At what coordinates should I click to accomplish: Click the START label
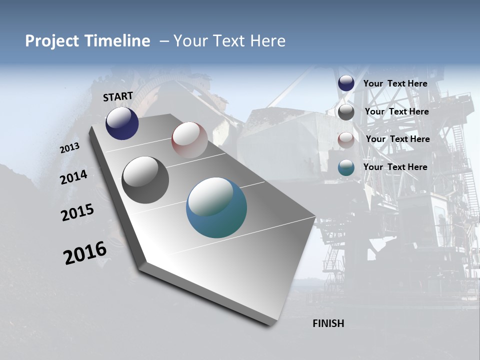(x=118, y=96)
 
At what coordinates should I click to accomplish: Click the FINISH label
(x=328, y=323)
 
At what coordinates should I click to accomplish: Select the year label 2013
(x=70, y=148)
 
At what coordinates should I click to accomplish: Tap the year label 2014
(x=74, y=177)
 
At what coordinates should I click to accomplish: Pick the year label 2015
(x=77, y=212)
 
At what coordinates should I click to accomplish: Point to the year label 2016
(x=85, y=252)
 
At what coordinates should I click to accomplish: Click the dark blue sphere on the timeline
(x=122, y=123)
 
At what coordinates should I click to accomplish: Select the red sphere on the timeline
(x=189, y=140)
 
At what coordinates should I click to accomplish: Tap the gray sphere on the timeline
(x=145, y=180)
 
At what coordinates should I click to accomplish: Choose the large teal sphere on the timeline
(x=216, y=207)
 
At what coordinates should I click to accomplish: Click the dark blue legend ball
(x=346, y=83)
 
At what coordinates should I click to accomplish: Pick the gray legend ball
(x=346, y=112)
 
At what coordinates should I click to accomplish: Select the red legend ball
(x=346, y=140)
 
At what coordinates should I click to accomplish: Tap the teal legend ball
(x=346, y=167)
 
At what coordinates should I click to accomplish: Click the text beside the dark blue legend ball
(x=395, y=83)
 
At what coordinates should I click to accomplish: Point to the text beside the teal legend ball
(x=395, y=167)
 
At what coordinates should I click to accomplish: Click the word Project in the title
(x=52, y=41)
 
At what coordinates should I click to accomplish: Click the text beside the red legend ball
(x=397, y=139)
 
